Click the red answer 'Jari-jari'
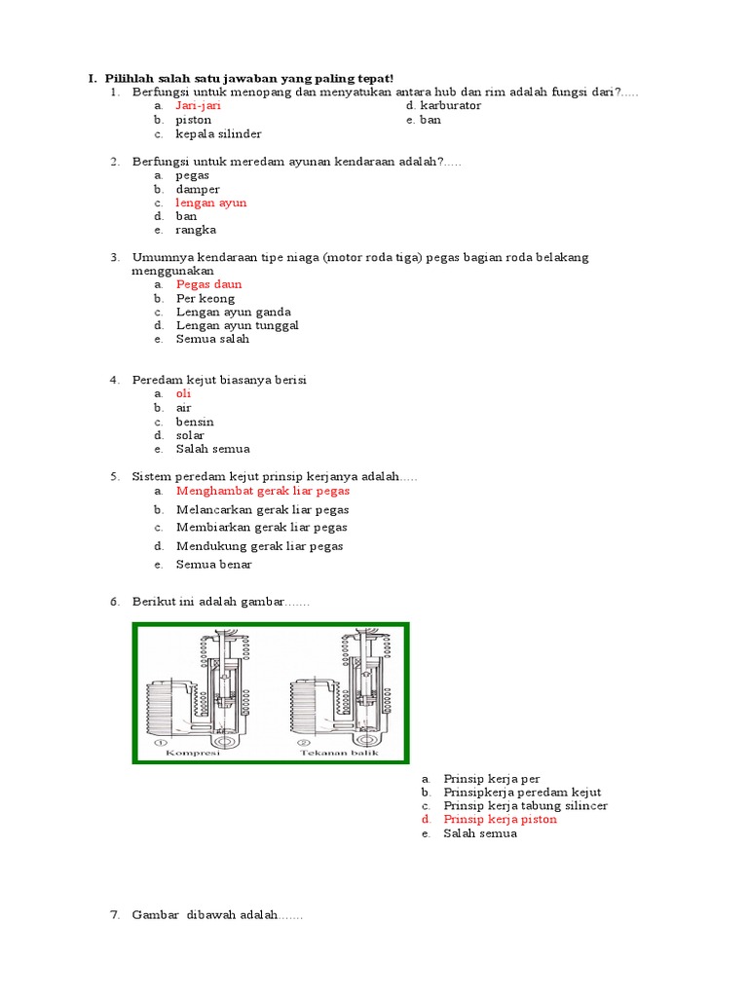[x=199, y=105]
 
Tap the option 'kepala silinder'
[x=218, y=133]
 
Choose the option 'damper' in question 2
[x=198, y=189]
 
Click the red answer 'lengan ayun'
[x=211, y=203]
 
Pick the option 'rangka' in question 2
[x=196, y=230]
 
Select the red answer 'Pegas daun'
[x=209, y=284]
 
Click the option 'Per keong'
[x=206, y=298]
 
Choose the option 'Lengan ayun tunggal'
[x=238, y=325]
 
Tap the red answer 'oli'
[x=184, y=393]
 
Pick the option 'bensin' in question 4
[x=195, y=422]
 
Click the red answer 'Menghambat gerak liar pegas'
[x=263, y=491]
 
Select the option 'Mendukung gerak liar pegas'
[x=260, y=546]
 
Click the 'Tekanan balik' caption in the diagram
[x=331, y=753]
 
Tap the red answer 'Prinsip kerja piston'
[x=500, y=820]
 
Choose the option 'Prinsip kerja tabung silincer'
[x=525, y=806]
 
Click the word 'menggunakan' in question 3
[x=172, y=271]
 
